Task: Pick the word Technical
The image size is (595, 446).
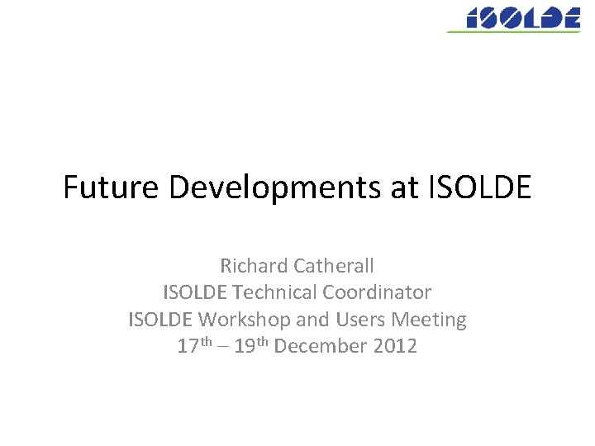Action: point(276,292)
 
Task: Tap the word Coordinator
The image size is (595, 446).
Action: point(378,292)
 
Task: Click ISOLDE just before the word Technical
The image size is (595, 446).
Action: point(196,292)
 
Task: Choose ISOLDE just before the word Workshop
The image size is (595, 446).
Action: point(160,319)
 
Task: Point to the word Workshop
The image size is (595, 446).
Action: point(240,319)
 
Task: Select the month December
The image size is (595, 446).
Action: point(321,345)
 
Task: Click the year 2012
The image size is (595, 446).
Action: point(395,345)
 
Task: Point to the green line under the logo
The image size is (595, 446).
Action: point(512,31)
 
